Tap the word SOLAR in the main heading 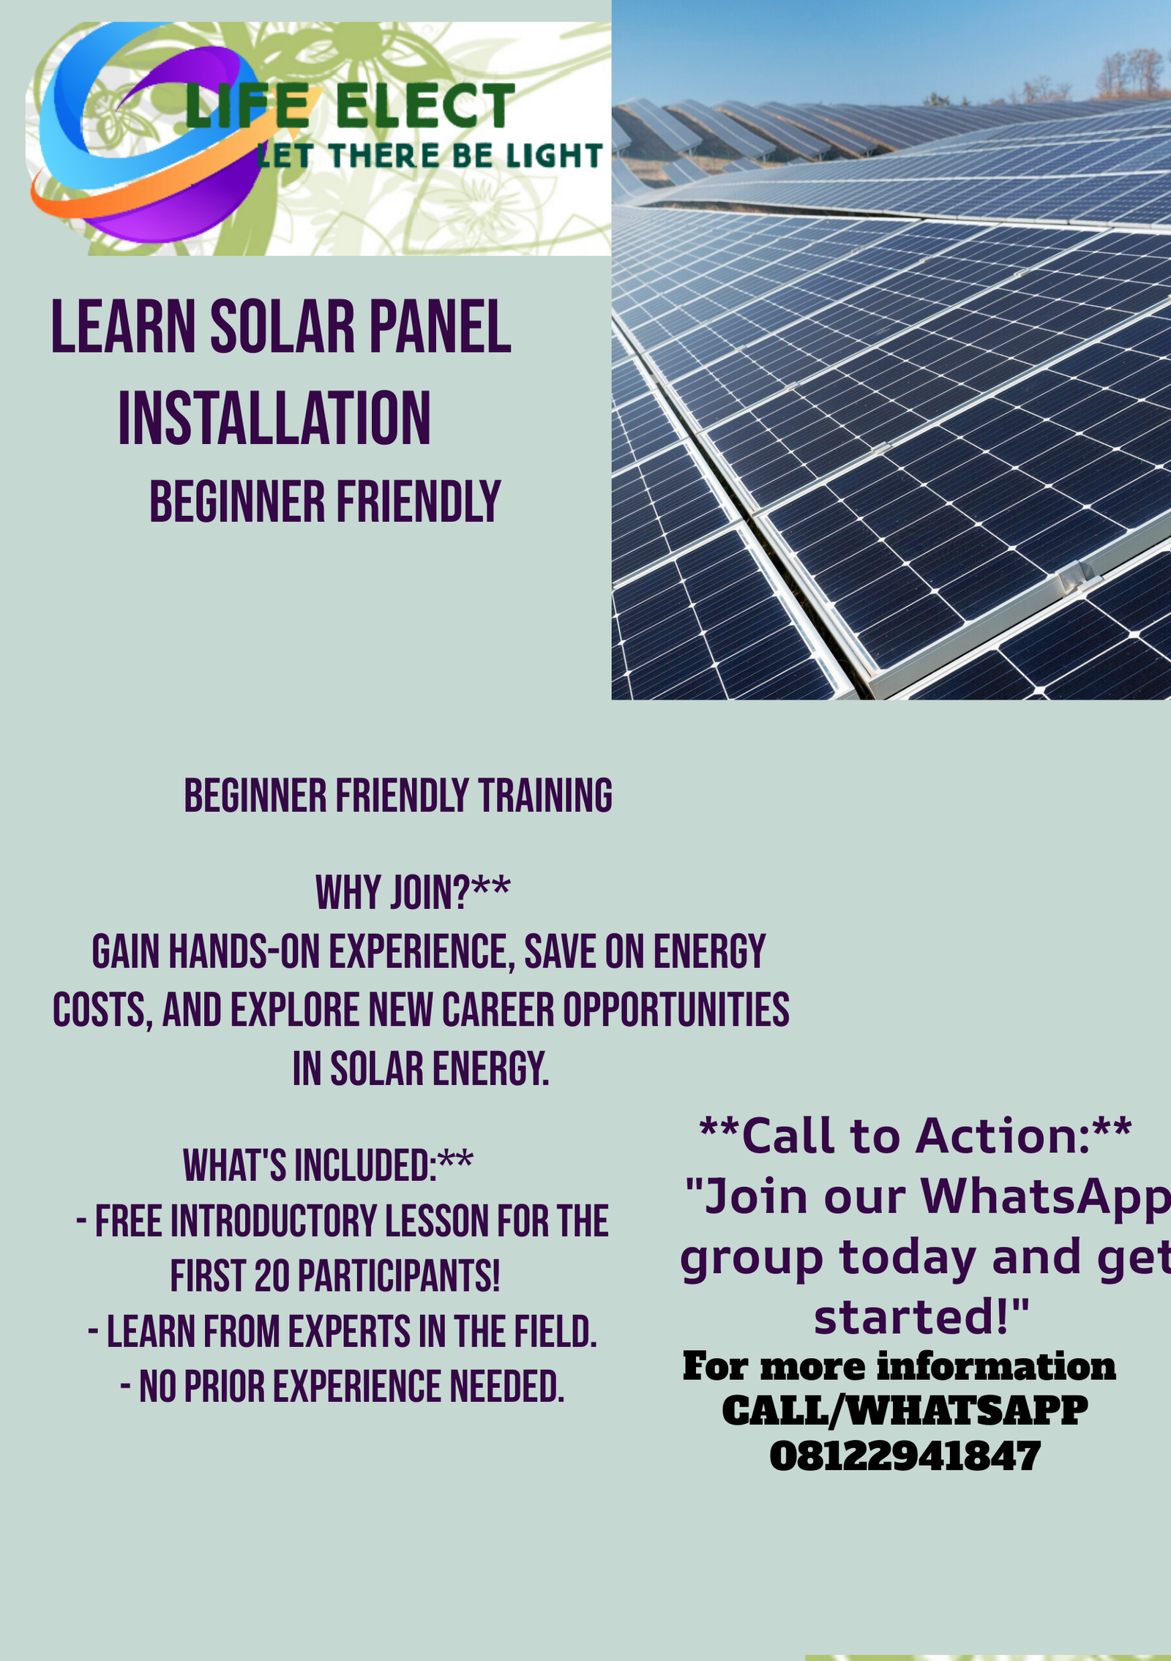click(282, 327)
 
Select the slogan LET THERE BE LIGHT click(430, 156)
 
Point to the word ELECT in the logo click(425, 106)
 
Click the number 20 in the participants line click(272, 1277)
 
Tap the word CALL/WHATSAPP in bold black click(905, 1410)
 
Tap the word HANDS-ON click(244, 952)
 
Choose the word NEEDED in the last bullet click(506, 1387)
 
